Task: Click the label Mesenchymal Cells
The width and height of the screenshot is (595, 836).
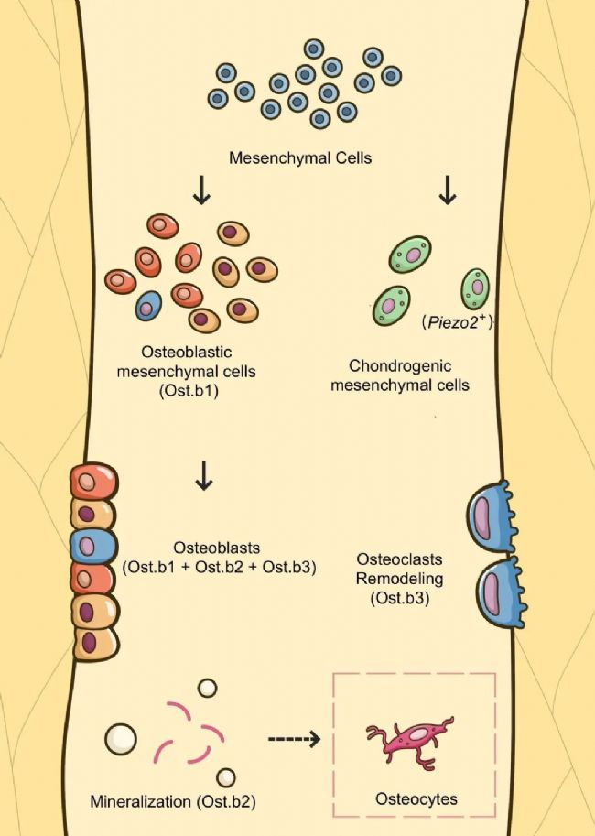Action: point(300,158)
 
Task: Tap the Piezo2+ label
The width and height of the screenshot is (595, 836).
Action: point(456,323)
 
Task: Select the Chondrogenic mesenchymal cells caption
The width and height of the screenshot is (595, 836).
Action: point(400,375)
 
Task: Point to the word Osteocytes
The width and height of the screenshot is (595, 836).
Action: point(416,799)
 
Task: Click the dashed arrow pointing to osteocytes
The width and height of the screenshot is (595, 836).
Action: point(294,739)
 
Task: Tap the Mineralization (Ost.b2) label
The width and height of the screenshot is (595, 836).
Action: point(172,802)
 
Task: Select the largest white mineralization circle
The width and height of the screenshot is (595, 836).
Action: point(121,740)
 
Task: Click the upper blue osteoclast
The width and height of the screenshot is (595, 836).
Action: point(491,516)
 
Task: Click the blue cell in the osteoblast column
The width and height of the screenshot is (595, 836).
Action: point(92,546)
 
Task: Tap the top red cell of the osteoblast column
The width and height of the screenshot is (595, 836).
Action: point(93,481)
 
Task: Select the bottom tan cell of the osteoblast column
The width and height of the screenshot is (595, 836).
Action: point(95,643)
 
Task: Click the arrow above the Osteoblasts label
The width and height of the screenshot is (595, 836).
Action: point(204,476)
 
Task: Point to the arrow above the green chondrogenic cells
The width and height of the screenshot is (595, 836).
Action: point(448,191)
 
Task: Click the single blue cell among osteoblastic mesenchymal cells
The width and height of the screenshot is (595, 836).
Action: point(148,306)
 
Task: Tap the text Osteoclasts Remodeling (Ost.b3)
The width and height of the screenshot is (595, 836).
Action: point(400,579)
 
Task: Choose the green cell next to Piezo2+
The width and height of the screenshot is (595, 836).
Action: point(475,289)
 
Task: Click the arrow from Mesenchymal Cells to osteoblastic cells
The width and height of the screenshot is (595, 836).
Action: point(201,191)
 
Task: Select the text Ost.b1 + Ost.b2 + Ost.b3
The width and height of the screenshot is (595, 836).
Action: point(220,567)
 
